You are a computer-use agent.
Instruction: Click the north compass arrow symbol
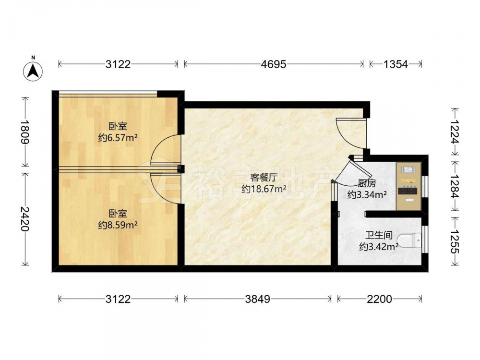(x=33, y=71)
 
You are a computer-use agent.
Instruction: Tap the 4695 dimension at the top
(x=274, y=64)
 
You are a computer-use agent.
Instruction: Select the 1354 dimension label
(x=396, y=64)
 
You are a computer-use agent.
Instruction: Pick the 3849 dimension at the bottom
(x=257, y=299)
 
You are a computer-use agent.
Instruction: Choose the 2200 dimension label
(x=379, y=299)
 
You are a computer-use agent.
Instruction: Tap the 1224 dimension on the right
(x=455, y=132)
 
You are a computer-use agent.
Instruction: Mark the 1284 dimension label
(x=455, y=187)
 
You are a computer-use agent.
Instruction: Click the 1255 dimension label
(x=455, y=241)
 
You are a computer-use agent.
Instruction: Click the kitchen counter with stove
(x=408, y=186)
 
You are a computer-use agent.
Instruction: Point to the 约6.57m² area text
(x=118, y=138)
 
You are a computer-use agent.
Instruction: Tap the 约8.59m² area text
(x=118, y=225)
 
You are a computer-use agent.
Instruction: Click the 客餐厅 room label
(x=264, y=178)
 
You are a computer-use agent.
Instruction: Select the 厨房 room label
(x=367, y=183)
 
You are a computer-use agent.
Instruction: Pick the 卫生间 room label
(x=379, y=235)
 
